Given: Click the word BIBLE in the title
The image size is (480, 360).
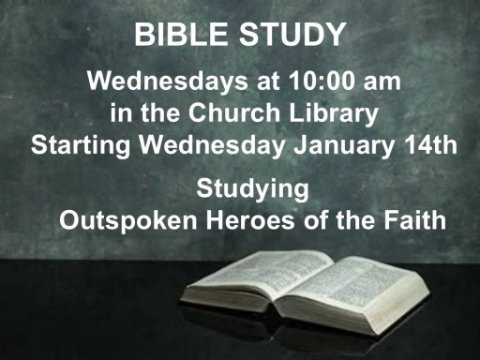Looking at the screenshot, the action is (x=180, y=34).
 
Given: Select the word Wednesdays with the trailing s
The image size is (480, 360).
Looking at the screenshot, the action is (x=168, y=82).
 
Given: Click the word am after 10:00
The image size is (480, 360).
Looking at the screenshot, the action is (x=382, y=84).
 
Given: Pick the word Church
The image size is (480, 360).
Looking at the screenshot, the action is (x=234, y=112).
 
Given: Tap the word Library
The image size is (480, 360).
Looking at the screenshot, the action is (x=333, y=114).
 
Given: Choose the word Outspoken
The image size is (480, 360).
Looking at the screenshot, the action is (x=128, y=221).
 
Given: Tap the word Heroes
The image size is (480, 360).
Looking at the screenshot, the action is (x=250, y=220).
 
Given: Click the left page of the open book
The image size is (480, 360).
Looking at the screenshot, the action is (x=260, y=277).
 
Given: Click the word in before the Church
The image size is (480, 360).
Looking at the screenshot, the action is (x=121, y=113).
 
